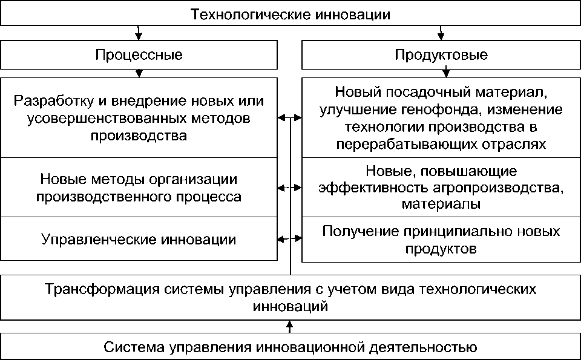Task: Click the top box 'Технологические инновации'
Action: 290,13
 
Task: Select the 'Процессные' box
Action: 139,56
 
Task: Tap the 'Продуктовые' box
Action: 441,56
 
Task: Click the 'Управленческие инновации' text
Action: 139,238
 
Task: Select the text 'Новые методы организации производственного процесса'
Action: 139,188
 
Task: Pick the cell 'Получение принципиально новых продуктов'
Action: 441,240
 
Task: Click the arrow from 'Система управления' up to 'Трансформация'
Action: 290,326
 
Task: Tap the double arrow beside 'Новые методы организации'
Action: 290,188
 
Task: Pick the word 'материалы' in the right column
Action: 441,205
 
